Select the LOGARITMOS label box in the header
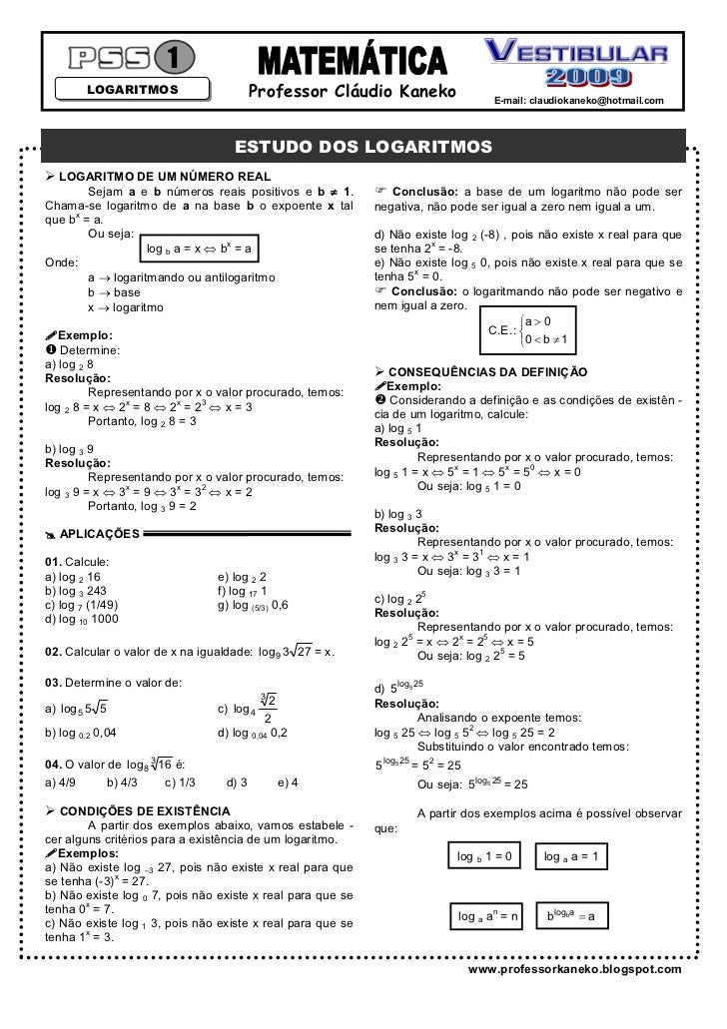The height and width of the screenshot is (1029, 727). point(132,90)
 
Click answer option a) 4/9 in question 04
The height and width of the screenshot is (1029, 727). point(61,781)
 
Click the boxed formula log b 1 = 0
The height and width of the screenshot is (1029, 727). point(484,856)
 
